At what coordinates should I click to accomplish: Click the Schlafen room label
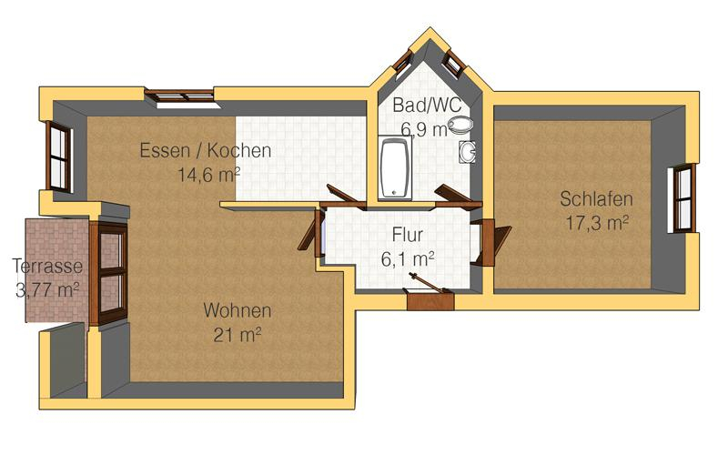pos(596,199)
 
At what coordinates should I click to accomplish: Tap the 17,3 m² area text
pos(596,221)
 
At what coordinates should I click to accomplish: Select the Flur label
pos(407,236)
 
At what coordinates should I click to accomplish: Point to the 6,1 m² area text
pos(407,258)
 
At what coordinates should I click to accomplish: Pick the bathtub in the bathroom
pos(395,168)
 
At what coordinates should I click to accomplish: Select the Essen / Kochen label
pos(205,150)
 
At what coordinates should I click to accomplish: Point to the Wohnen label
pos(237,310)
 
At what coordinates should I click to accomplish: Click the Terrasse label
pos(47,267)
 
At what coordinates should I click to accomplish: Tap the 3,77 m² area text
pos(47,290)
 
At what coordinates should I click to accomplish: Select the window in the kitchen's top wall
pos(181,95)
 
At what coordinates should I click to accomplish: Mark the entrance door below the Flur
pos(430,297)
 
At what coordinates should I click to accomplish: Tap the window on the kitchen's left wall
pos(59,157)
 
